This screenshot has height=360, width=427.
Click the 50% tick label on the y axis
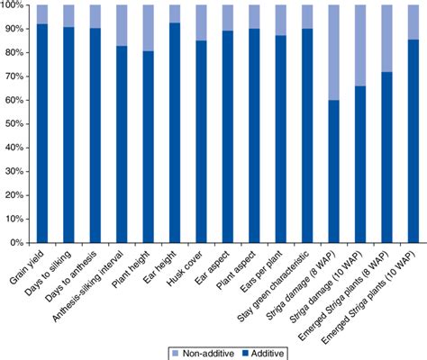[x=15, y=124]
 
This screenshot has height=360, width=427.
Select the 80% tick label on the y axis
[x=15, y=53]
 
